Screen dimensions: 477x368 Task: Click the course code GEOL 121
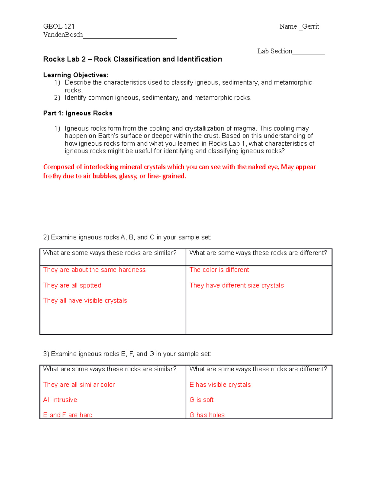[59, 26]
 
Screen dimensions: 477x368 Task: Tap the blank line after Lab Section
[309, 52]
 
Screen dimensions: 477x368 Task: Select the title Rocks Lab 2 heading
[132, 59]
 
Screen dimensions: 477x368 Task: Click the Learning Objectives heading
[75, 75]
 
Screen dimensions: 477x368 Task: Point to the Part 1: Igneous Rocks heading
[78, 113]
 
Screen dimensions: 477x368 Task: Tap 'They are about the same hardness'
[94, 270]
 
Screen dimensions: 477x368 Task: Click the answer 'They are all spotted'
[72, 285]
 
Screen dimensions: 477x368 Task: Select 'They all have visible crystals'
[85, 300]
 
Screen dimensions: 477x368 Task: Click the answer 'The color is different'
[219, 270]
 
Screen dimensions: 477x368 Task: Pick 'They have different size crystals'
[236, 285]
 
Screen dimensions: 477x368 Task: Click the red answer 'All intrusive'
[60, 400]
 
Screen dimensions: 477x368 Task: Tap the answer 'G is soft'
[201, 400]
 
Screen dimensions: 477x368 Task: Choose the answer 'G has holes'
[207, 415]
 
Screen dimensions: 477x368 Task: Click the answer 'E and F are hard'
[68, 415]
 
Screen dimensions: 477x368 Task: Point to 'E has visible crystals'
[220, 385]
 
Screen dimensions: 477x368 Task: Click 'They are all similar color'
[79, 385]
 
